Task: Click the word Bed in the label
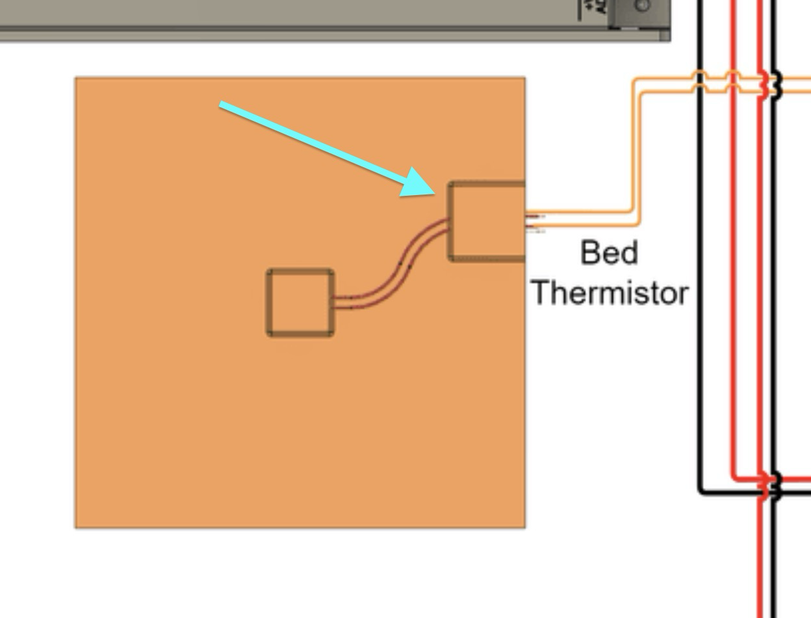pos(608,252)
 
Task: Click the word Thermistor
pos(610,293)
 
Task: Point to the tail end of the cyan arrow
pos(222,104)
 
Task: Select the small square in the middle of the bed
pos(300,303)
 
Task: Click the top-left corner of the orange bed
pos(77,79)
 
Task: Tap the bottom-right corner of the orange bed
pos(524,526)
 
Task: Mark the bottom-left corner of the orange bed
pos(77,526)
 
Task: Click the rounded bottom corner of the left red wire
pos(735,477)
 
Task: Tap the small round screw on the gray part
pos(642,6)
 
